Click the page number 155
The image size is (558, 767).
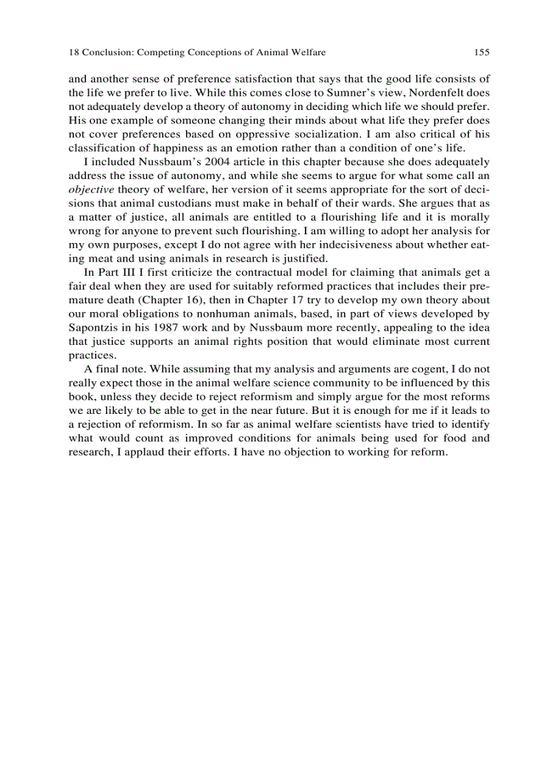click(481, 52)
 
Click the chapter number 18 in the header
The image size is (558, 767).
click(74, 52)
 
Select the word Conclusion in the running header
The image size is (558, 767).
click(108, 52)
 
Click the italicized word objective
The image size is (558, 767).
click(90, 191)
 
